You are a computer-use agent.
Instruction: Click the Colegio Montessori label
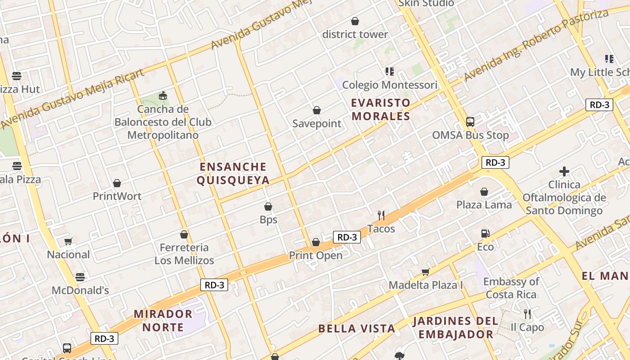pyautogui.click(x=390, y=85)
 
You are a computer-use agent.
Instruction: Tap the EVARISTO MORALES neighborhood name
pyautogui.click(x=381, y=109)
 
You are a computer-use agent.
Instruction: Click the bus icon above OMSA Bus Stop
pyautogui.click(x=470, y=121)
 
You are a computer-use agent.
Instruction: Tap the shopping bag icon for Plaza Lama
pyautogui.click(x=484, y=192)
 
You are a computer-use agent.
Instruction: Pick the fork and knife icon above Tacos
pyautogui.click(x=381, y=216)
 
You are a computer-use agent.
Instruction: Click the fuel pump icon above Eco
pyautogui.click(x=485, y=234)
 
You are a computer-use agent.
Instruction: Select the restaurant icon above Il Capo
pyautogui.click(x=527, y=314)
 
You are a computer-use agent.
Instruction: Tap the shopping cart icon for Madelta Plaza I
pyautogui.click(x=426, y=272)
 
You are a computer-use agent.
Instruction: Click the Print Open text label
pyautogui.click(x=315, y=256)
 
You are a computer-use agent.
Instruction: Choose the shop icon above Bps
pyautogui.click(x=268, y=207)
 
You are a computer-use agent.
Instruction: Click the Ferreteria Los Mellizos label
pyautogui.click(x=184, y=254)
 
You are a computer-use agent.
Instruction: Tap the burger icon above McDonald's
pyautogui.click(x=80, y=277)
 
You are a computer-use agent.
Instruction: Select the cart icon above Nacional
pyautogui.click(x=68, y=242)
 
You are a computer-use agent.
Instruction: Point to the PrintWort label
pyautogui.click(x=117, y=196)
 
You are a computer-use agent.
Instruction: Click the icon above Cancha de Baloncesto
pyautogui.click(x=163, y=96)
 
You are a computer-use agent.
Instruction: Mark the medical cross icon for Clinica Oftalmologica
pyautogui.click(x=564, y=171)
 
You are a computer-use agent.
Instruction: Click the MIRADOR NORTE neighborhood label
pyautogui.click(x=163, y=320)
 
